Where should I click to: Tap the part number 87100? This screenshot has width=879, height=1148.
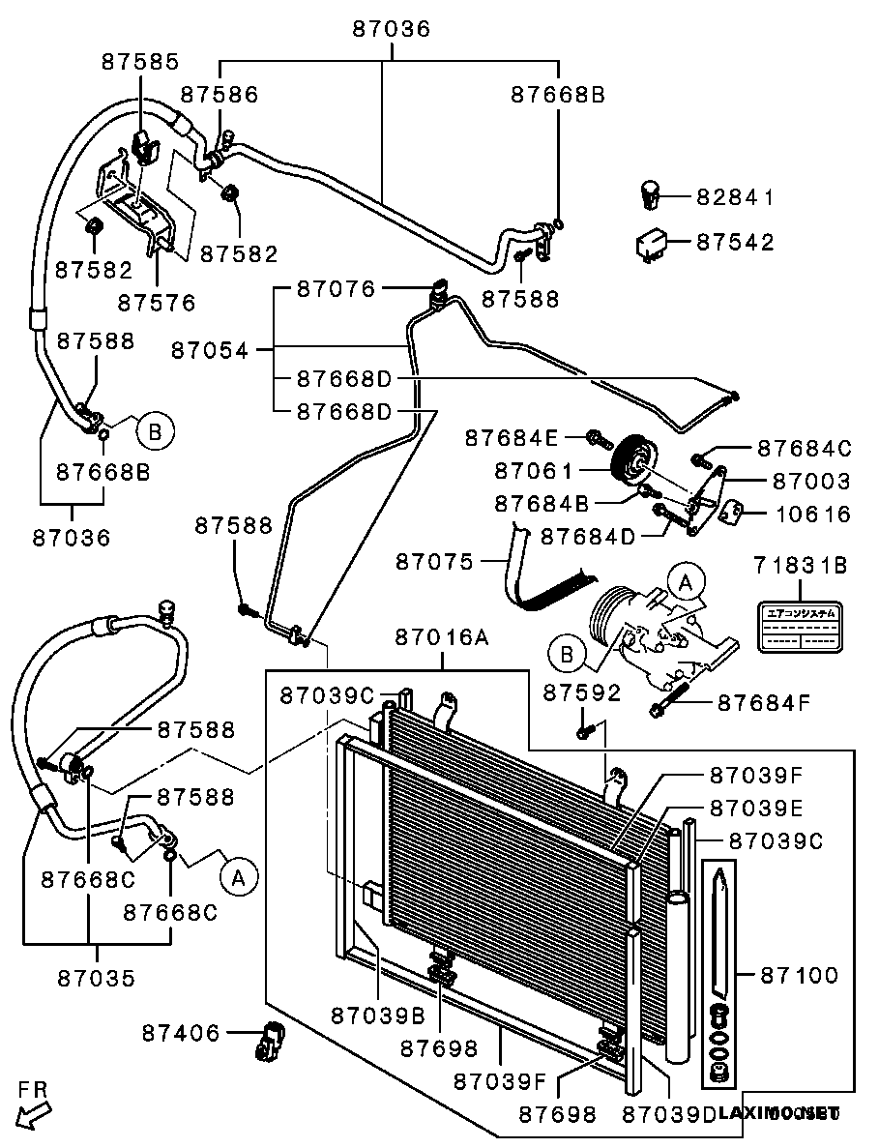click(x=799, y=976)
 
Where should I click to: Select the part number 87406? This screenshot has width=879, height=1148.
click(x=181, y=1033)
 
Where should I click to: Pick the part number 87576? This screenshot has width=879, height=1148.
click(x=156, y=302)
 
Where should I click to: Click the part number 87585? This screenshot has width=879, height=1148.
click(x=140, y=62)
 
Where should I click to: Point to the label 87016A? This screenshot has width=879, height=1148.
click(x=442, y=637)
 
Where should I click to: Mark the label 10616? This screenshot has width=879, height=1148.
click(x=812, y=514)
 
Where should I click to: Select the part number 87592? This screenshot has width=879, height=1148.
click(x=581, y=692)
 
